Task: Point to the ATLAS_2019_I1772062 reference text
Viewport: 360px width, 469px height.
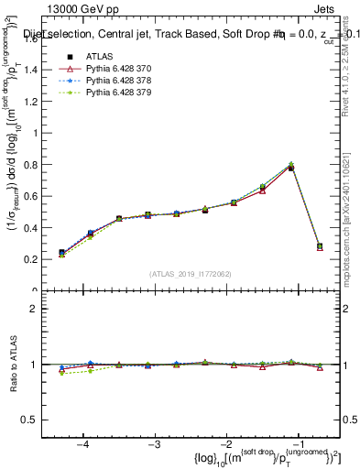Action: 190,273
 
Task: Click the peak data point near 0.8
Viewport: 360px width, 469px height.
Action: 291,168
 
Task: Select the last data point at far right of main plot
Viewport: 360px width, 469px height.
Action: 319,246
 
